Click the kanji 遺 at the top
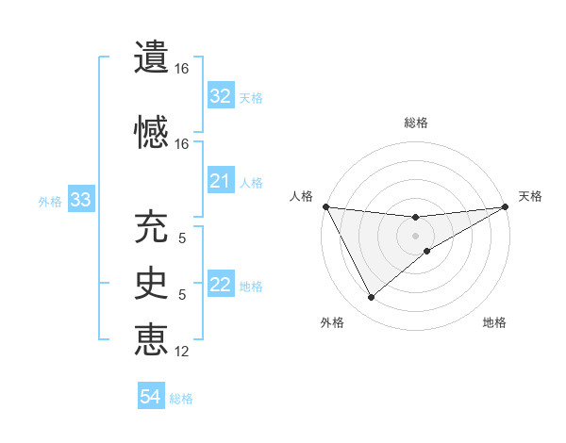[151, 57]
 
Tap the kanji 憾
[151, 130]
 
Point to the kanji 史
[151, 282]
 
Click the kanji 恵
[151, 338]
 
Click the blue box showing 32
[221, 96]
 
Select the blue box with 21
[221, 181]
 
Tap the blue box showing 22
[221, 285]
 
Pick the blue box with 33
[80, 200]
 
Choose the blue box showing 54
[150, 398]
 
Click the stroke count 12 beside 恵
[182, 352]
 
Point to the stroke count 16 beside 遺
[182, 69]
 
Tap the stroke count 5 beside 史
[182, 295]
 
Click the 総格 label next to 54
[181, 399]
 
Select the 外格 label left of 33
[50, 201]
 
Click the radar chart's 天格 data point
[507, 206]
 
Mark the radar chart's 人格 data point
[325, 206]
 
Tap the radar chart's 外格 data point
[371, 298]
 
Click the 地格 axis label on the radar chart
[494, 323]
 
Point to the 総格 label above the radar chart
[416, 123]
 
